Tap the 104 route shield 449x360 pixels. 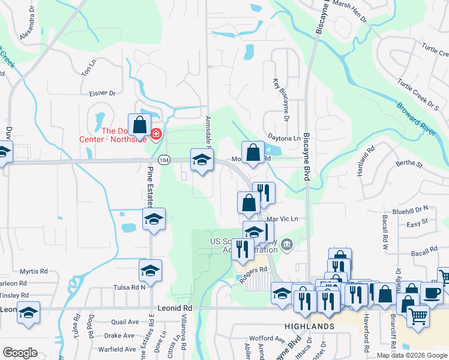pos(164,160)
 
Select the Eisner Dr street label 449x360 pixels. pos(103,93)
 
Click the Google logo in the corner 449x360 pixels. pos(20,353)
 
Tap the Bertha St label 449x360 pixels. pos(408,163)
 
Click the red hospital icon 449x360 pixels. pos(156,133)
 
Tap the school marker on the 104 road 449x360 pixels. pos(201,159)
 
